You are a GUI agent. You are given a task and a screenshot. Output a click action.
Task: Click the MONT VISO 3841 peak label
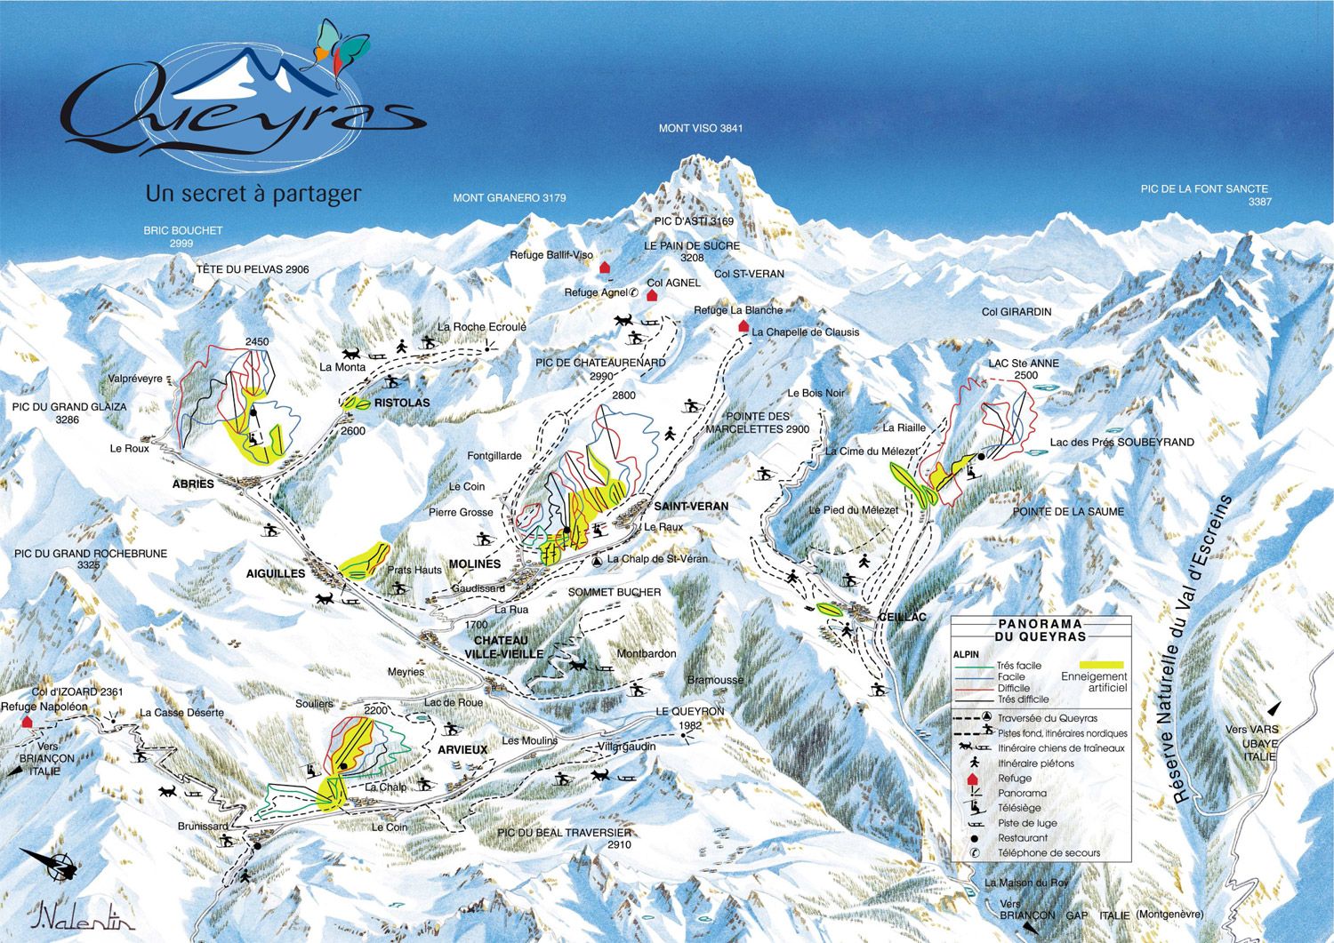click(700, 129)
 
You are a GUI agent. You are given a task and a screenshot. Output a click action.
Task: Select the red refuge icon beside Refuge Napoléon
click(28, 721)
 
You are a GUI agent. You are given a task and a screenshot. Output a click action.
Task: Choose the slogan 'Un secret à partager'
click(253, 193)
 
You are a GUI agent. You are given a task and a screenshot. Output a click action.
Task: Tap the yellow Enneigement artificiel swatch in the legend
click(1102, 665)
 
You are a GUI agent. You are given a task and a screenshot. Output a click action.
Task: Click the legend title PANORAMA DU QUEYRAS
click(1041, 630)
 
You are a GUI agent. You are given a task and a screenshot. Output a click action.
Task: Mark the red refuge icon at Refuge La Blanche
click(743, 326)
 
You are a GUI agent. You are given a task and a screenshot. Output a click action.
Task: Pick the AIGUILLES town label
click(276, 574)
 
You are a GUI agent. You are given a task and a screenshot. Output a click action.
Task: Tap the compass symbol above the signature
click(55, 863)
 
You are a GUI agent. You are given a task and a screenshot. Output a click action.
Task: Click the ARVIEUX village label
click(462, 750)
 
